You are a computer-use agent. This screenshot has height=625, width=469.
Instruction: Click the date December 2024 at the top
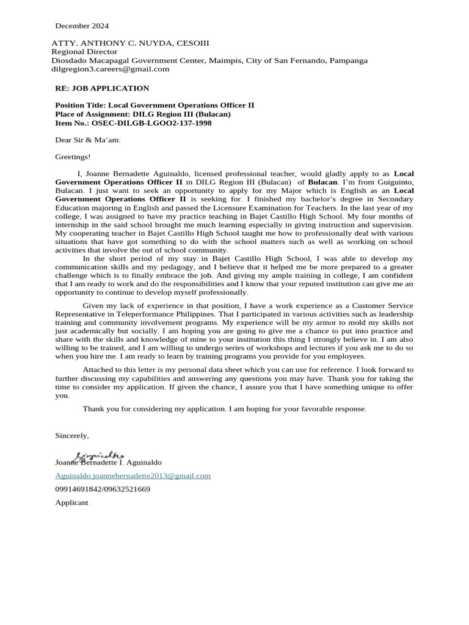(82, 26)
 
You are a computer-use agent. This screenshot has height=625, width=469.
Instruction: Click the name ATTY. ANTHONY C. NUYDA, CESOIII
(130, 43)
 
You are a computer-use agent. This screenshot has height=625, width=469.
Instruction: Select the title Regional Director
(84, 52)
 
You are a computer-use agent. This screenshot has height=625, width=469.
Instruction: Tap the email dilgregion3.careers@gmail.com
(110, 69)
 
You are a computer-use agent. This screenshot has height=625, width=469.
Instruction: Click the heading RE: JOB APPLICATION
(102, 89)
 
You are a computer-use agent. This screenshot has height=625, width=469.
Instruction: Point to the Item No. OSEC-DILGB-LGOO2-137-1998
(134, 122)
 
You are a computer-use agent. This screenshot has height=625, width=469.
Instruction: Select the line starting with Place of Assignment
(143, 114)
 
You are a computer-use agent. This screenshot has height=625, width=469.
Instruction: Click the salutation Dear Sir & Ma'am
(88, 140)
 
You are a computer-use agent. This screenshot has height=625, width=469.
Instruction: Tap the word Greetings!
(73, 157)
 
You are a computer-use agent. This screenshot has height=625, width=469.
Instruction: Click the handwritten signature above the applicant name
(99, 455)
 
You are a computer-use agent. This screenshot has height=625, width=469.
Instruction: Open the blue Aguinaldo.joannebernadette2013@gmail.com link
(133, 475)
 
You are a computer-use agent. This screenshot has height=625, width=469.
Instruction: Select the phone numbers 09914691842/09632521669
(103, 489)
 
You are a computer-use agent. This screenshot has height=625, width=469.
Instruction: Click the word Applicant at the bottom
(71, 502)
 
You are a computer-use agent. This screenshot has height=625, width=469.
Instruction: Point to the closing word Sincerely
(72, 435)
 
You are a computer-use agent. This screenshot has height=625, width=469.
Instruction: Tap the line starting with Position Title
(155, 105)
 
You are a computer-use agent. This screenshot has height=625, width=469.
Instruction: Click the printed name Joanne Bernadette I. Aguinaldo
(109, 463)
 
